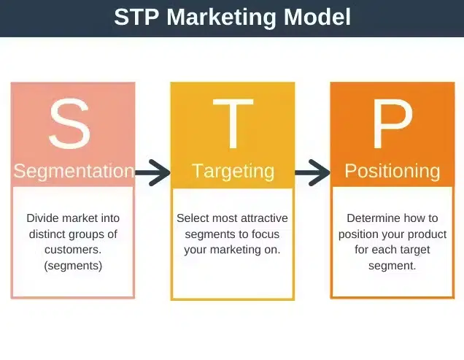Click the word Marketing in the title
pyautogui.click(x=221, y=18)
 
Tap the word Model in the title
pyautogui.click(x=317, y=17)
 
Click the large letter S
pyautogui.click(x=70, y=123)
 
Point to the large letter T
pyautogui.click(x=233, y=124)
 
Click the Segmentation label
pyautogui.click(x=74, y=172)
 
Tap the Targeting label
pyautogui.click(x=233, y=172)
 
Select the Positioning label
pyautogui.click(x=393, y=172)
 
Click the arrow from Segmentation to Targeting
pyautogui.click(x=152, y=172)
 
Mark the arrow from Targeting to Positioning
pyautogui.click(x=312, y=172)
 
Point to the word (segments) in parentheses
pyautogui.click(x=73, y=266)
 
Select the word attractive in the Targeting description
pyautogui.click(x=264, y=218)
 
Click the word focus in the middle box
pyautogui.click(x=266, y=234)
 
